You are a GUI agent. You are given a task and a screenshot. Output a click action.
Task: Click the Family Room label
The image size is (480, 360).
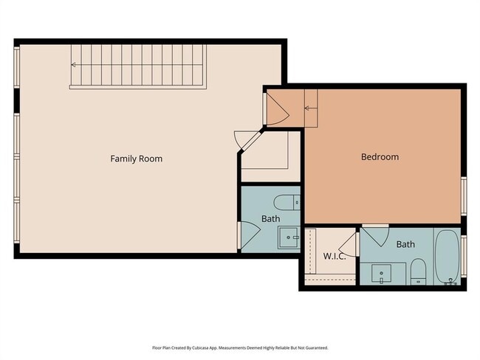coord(136,159)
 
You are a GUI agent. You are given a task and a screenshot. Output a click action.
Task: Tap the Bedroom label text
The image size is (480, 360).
coord(380,157)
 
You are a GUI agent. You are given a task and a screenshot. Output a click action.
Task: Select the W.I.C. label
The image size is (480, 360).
coord(335,256)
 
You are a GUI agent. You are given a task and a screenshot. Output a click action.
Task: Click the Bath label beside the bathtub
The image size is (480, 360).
coord(405,244)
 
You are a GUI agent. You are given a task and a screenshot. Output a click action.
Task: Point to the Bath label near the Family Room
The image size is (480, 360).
coord(271,219)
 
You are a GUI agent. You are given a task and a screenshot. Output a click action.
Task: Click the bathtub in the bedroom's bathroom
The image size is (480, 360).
coord(446,257)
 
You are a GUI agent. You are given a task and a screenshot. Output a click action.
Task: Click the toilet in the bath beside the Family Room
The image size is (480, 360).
coord(285,201)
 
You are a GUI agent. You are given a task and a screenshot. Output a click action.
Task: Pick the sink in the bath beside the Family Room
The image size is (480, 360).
coord(288,237)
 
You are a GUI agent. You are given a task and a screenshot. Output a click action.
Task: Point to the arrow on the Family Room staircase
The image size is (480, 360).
coord(75,65)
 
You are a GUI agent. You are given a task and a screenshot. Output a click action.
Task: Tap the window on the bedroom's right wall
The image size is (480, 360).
coord(464,196)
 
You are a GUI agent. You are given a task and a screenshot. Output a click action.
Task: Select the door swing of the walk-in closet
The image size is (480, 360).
coord(350,244)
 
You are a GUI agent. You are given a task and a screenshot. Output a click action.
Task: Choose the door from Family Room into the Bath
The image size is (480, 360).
coord(247,237)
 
